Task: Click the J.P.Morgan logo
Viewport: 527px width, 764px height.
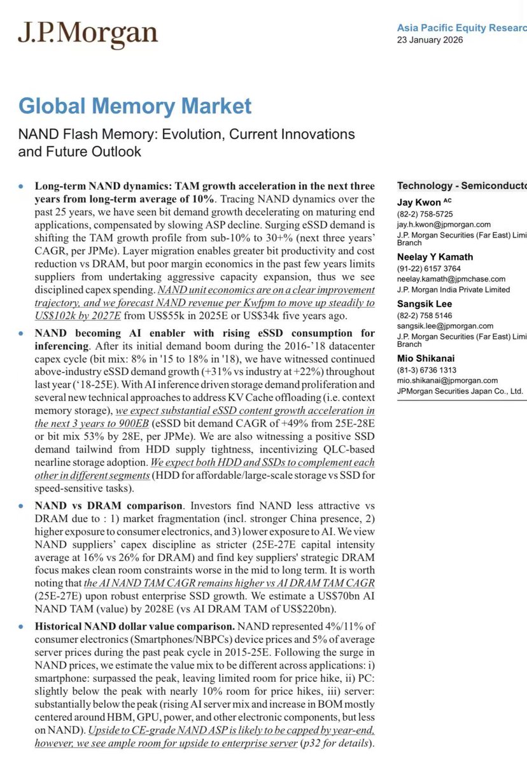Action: (x=87, y=33)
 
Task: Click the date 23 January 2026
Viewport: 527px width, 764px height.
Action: (x=430, y=40)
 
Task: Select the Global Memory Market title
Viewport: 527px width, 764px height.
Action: (x=135, y=106)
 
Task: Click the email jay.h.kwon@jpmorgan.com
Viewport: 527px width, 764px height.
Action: (x=444, y=224)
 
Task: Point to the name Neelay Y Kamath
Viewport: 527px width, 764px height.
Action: (x=437, y=257)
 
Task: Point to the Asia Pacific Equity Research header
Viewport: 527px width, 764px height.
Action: (x=461, y=28)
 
